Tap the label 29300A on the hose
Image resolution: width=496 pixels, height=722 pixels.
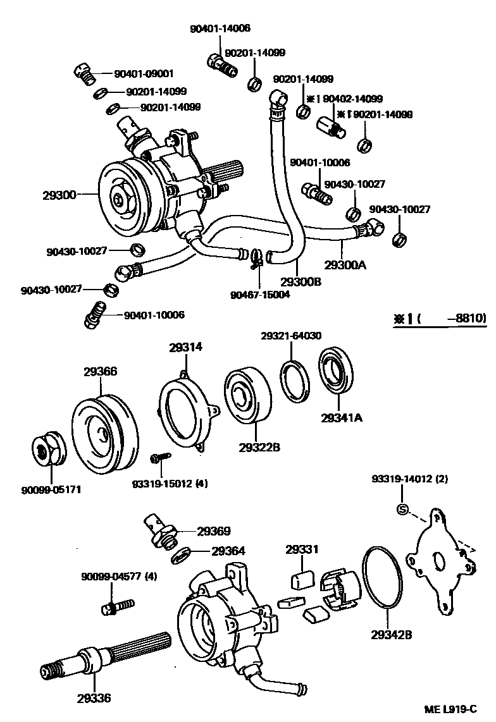(345, 265)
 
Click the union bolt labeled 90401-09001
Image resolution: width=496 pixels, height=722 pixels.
(84, 74)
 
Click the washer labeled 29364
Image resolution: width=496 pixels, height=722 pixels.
(182, 554)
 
